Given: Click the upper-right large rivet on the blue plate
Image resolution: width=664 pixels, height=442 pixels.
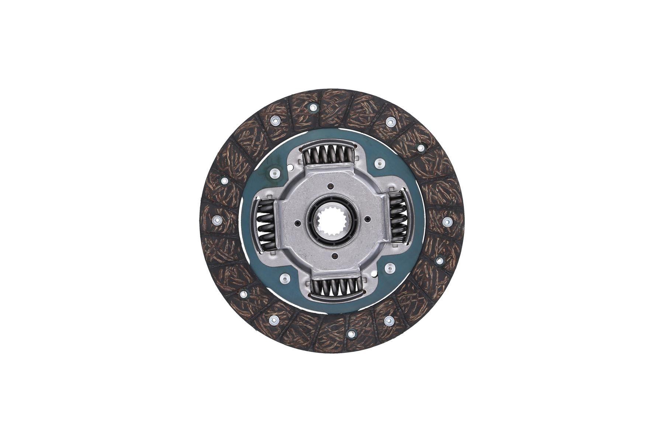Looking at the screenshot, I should coord(379,163).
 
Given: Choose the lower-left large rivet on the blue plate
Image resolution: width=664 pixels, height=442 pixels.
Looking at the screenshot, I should coord(284,278).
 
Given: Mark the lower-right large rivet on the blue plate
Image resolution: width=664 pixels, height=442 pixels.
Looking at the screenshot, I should coord(390,268).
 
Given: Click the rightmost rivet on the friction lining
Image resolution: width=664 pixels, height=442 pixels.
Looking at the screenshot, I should coord(447,221).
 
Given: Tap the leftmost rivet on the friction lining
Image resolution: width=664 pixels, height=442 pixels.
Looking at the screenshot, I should coord(217,221).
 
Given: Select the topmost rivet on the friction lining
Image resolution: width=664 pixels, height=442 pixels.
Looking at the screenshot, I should coord(313,108).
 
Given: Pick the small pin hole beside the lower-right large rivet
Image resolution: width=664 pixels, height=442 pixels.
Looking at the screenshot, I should coord(374,274).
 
